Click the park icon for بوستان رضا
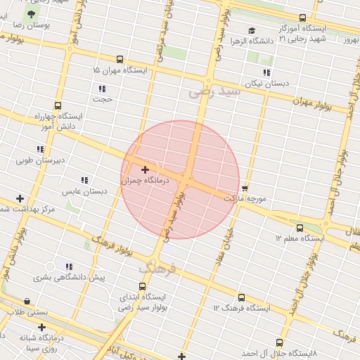click(x=30, y=14)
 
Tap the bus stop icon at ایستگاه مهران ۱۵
click(x=120, y=60)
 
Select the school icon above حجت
click(x=103, y=89)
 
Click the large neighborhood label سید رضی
click(x=214, y=91)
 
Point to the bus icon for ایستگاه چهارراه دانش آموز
click(x=58, y=105)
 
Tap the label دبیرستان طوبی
click(x=41, y=160)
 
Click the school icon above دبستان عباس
click(x=84, y=181)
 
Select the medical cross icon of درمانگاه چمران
click(x=146, y=169)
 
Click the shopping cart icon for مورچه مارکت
click(x=245, y=188)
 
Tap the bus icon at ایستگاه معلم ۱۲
click(x=300, y=228)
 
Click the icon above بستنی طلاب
click(x=27, y=301)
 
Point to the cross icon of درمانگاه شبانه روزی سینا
click(x=42, y=327)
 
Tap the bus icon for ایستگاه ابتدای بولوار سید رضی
click(x=143, y=286)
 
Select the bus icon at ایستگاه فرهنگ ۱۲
click(x=242, y=297)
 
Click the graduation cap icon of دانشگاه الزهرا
click(x=252, y=30)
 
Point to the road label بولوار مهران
click(x=318, y=105)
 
